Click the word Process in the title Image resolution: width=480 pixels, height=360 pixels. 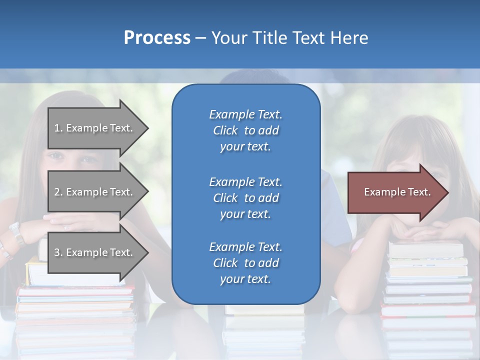(157, 38)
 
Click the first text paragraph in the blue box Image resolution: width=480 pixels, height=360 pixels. (245, 130)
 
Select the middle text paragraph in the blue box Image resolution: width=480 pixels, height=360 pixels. (245, 197)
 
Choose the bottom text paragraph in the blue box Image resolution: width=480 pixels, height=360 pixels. (245, 263)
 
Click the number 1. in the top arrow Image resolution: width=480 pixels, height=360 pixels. (58, 128)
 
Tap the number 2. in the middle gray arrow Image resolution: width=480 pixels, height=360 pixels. (58, 192)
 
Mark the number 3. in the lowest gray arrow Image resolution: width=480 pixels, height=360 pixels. (58, 252)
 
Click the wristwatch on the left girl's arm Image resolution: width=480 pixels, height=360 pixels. (16, 233)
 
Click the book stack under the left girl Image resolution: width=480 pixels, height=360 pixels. (75, 305)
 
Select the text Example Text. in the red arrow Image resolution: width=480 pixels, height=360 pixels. (397, 192)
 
